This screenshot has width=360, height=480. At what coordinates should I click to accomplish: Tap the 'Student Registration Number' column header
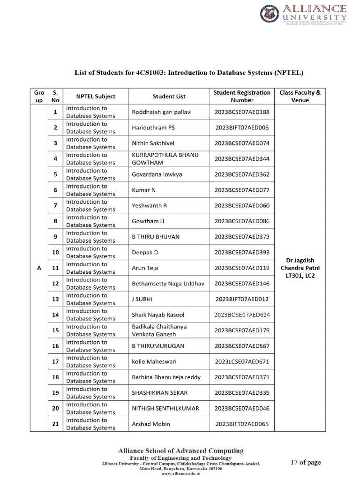(x=242, y=97)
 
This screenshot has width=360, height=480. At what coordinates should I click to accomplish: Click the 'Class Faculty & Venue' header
(x=300, y=97)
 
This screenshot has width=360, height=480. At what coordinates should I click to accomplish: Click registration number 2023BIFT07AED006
(x=242, y=127)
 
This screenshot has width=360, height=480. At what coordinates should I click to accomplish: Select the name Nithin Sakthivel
(x=155, y=143)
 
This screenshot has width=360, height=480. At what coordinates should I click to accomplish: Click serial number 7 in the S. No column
(x=55, y=206)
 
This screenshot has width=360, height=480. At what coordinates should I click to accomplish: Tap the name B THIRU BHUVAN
(x=157, y=237)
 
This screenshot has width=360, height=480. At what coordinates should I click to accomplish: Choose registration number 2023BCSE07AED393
(x=242, y=253)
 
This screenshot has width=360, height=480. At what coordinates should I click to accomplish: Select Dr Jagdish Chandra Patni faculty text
(x=300, y=264)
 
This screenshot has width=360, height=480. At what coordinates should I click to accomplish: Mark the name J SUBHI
(x=142, y=299)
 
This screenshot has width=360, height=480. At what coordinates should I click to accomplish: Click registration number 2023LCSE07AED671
(x=242, y=362)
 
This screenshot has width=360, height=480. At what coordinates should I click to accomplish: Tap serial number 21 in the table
(x=55, y=424)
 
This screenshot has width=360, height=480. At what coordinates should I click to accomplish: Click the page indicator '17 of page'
(x=306, y=463)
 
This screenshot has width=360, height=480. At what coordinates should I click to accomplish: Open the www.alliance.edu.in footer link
(x=180, y=474)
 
